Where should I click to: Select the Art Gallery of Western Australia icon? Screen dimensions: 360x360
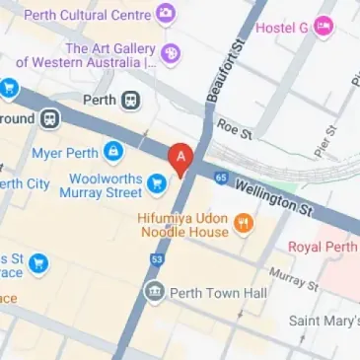coord(171,53)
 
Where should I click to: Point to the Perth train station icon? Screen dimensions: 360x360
coord(130,101)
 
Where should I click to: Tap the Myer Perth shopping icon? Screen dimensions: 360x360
coord(115,151)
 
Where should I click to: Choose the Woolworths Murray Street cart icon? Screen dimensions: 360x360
coord(155,183)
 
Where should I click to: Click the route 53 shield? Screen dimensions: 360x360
coord(157,259)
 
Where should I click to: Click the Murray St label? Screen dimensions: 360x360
coord(293,278)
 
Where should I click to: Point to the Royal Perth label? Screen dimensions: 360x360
coord(323,246)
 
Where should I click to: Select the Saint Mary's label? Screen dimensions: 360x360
coord(324,321)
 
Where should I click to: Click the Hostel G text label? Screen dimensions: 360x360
coord(282,28)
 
